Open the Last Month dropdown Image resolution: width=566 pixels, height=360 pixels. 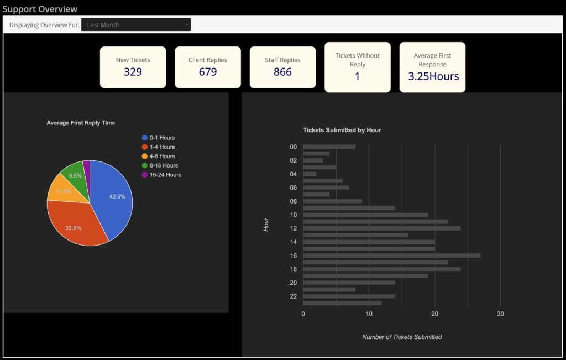point(136,25)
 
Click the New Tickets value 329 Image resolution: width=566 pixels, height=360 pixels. point(133,72)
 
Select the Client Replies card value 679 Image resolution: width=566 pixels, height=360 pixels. point(208,72)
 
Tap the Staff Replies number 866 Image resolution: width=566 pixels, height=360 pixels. point(282,72)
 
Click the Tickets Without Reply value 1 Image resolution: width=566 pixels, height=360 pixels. point(357,76)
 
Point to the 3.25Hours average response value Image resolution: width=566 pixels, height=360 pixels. point(433,76)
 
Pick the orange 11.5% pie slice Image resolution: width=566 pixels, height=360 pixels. point(62,190)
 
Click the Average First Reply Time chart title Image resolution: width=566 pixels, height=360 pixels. point(81,123)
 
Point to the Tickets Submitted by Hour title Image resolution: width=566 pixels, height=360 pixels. point(342,131)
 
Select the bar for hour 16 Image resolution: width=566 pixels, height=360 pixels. point(391,255)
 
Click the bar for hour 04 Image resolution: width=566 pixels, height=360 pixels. point(310,174)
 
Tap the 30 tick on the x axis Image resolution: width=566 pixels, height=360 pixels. point(500,314)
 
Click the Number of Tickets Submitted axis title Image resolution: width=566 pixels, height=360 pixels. point(402,337)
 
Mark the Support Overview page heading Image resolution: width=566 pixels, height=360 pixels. point(40,9)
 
